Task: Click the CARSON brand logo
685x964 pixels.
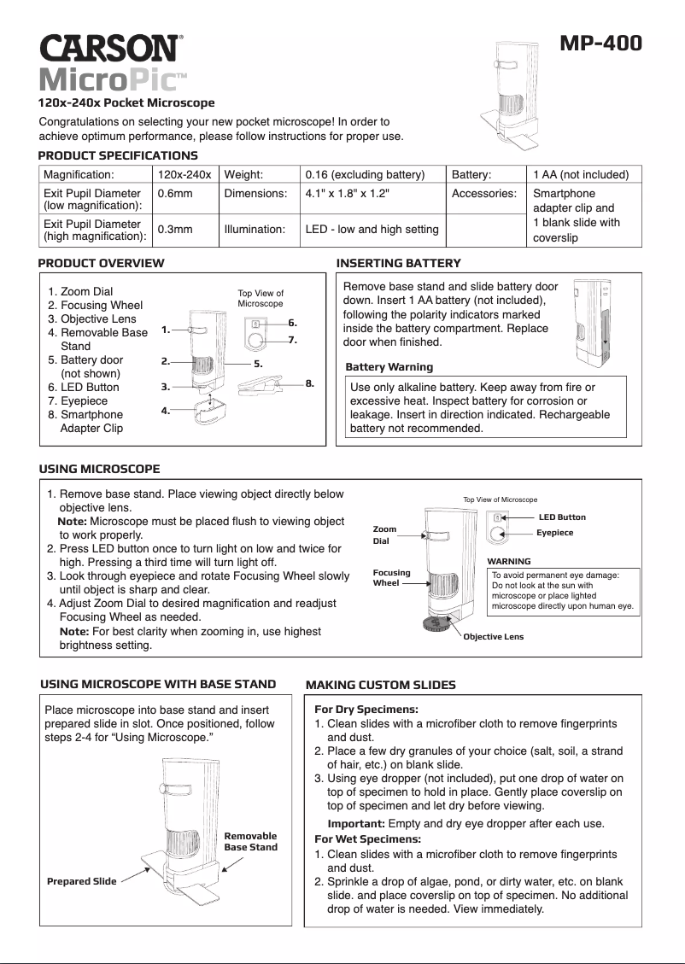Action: pyautogui.click(x=109, y=47)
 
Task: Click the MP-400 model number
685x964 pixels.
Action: pyautogui.click(x=600, y=44)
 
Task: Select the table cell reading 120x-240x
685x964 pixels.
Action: pyautogui.click(x=184, y=174)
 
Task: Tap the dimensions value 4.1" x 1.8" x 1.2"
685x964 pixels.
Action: pyautogui.click(x=347, y=194)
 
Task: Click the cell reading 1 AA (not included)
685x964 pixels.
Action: pyautogui.click(x=580, y=174)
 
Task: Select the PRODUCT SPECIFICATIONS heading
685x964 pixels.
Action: pyautogui.click(x=118, y=155)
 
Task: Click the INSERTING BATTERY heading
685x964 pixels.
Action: pyautogui.click(x=399, y=263)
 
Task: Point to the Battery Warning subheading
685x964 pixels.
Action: pyautogui.click(x=389, y=367)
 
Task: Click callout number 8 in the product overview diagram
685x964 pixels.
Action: pyautogui.click(x=310, y=383)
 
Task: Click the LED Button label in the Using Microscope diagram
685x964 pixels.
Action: pyautogui.click(x=562, y=517)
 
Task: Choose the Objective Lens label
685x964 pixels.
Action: pyautogui.click(x=493, y=637)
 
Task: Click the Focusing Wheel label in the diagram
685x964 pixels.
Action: pyautogui.click(x=391, y=577)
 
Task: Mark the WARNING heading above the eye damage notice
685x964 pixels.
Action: pyautogui.click(x=508, y=561)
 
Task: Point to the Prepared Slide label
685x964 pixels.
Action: pyautogui.click(x=81, y=881)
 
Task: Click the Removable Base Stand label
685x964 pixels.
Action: pyautogui.click(x=250, y=841)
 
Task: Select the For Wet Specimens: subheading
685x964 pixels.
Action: pyautogui.click(x=366, y=839)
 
